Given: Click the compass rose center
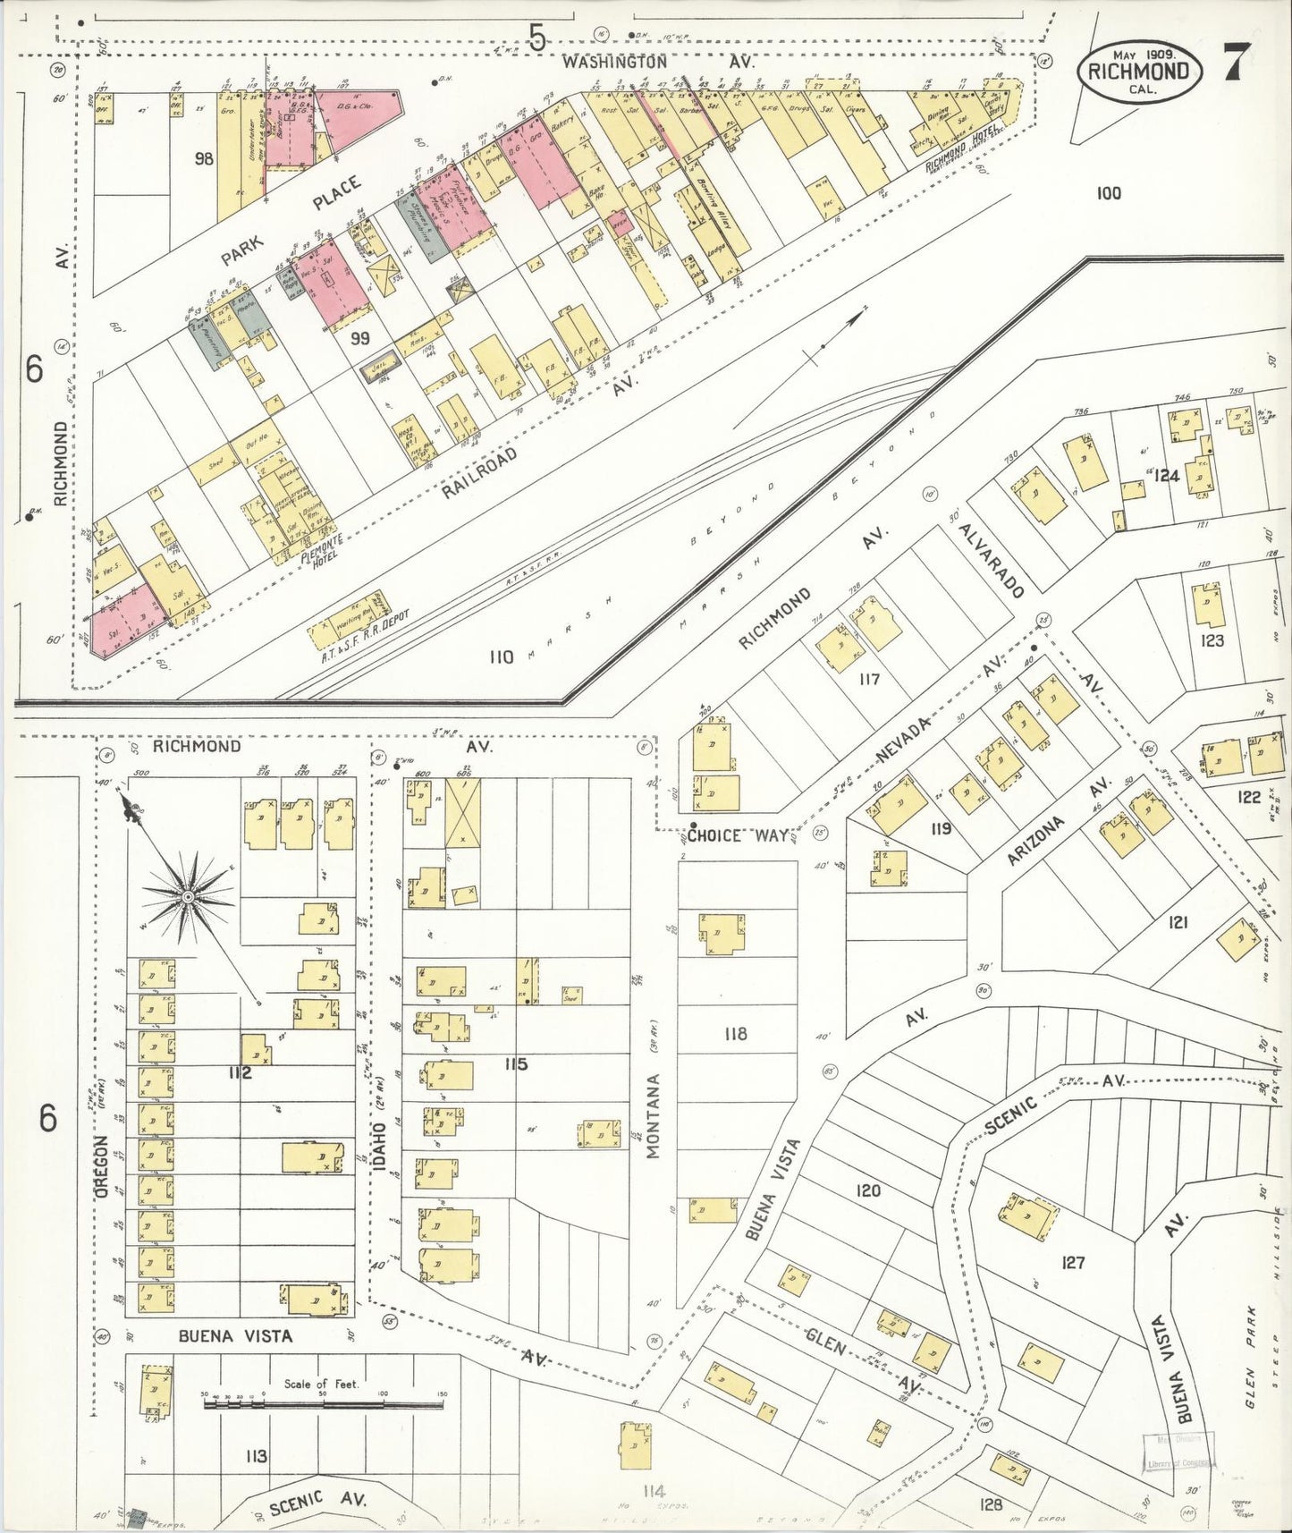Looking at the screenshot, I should tap(189, 896).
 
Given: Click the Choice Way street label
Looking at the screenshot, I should tap(739, 835).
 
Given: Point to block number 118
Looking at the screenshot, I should tap(736, 1034).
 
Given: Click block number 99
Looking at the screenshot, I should tap(359, 337).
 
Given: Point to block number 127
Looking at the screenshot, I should tap(1072, 1262).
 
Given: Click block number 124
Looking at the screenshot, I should tap(1166, 475).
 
